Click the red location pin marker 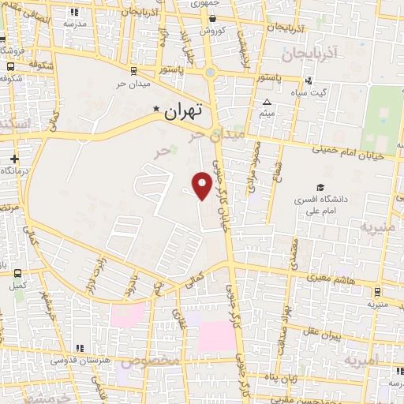(x=202, y=185)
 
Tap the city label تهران (x=183, y=112)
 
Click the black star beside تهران (x=156, y=110)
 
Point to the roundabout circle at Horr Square (x=210, y=74)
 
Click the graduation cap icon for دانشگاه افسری (x=320, y=187)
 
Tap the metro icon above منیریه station (x=377, y=290)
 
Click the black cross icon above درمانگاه (x=13, y=159)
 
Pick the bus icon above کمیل (x=17, y=273)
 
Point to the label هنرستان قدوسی (x=80, y=360)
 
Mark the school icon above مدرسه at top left (x=75, y=13)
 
